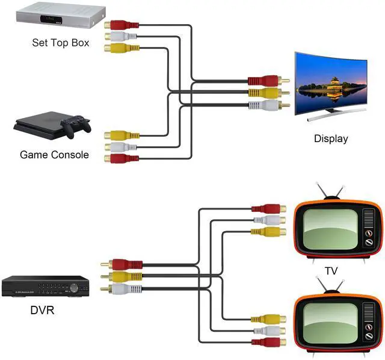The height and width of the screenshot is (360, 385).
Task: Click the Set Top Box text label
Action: tap(61, 43)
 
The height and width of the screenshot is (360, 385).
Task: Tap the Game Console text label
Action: tap(54, 155)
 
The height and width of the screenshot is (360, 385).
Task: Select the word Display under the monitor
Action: tap(331, 138)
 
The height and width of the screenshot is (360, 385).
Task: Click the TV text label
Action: tap(331, 271)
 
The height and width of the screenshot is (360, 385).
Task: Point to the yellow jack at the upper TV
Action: tap(268, 231)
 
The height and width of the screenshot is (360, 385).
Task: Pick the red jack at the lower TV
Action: tap(268, 342)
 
